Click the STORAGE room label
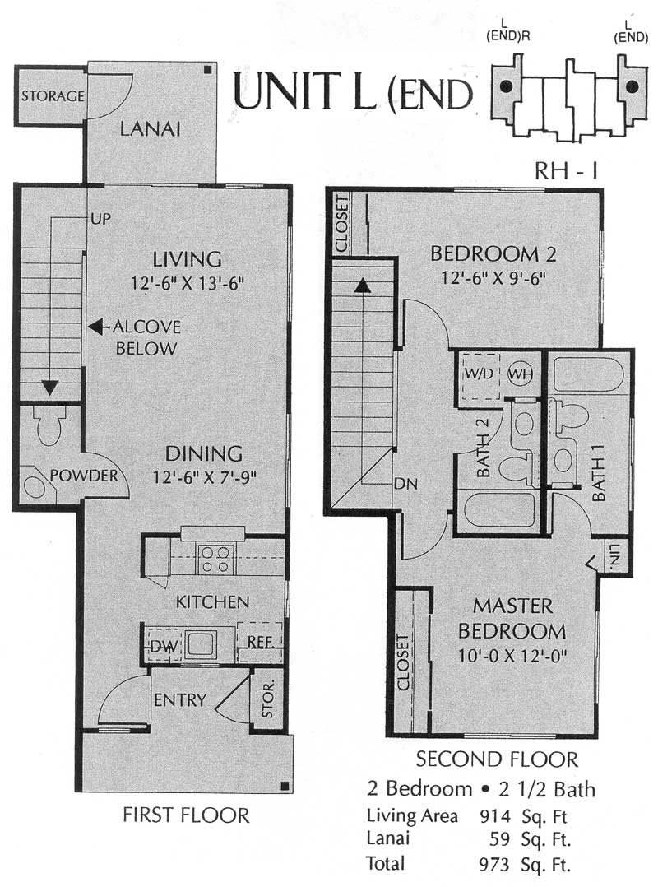53,95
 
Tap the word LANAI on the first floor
151,129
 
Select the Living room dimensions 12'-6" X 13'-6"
187,283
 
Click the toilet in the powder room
49,425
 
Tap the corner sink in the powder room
35,485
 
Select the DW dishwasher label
164,647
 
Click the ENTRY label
180,699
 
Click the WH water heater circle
520,374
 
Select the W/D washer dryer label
480,374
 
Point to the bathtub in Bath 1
588,374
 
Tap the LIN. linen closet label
614,555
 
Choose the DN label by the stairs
405,484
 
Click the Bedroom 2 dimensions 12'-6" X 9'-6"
493,278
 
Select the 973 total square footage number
494,864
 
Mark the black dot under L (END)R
506,86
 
